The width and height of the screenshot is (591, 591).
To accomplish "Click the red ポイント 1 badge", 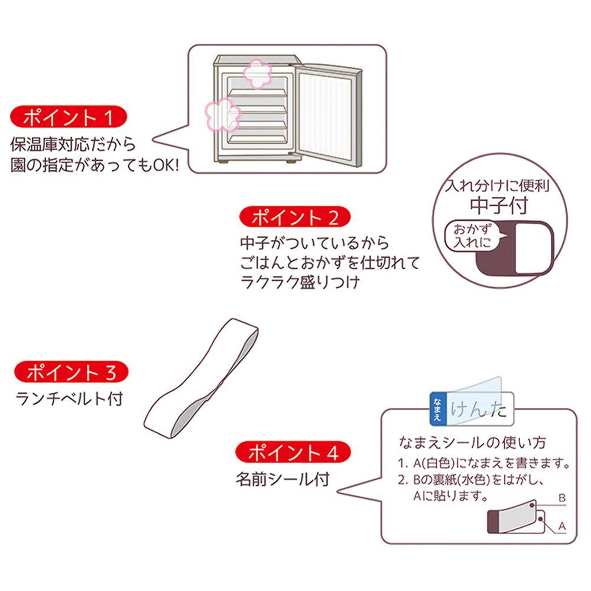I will pyautogui.click(x=68, y=118).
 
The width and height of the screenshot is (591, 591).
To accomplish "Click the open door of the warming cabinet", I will pyautogui.click(x=331, y=112).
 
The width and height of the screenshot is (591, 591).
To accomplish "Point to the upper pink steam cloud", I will pyautogui.click(x=257, y=72).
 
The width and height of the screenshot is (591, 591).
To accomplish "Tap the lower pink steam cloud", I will pyautogui.click(x=220, y=114).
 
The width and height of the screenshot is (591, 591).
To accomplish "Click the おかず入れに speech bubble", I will pyautogui.click(x=471, y=236).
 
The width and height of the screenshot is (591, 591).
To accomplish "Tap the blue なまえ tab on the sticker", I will pyautogui.click(x=437, y=408).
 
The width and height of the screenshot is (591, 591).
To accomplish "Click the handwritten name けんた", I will pyautogui.click(x=479, y=410).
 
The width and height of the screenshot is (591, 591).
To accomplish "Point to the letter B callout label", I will pyautogui.click(x=562, y=498).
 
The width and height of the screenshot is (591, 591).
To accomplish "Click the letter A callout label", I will pyautogui.click(x=562, y=524).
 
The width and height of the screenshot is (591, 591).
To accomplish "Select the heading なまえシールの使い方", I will pyautogui.click(x=472, y=442).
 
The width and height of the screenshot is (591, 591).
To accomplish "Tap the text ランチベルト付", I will pyautogui.click(x=69, y=400).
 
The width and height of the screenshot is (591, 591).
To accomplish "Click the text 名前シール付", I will pyautogui.click(x=281, y=479).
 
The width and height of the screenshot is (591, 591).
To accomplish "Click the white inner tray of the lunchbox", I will pyautogui.click(x=532, y=248).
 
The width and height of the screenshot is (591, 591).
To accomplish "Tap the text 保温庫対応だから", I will pyautogui.click(x=73, y=144).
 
